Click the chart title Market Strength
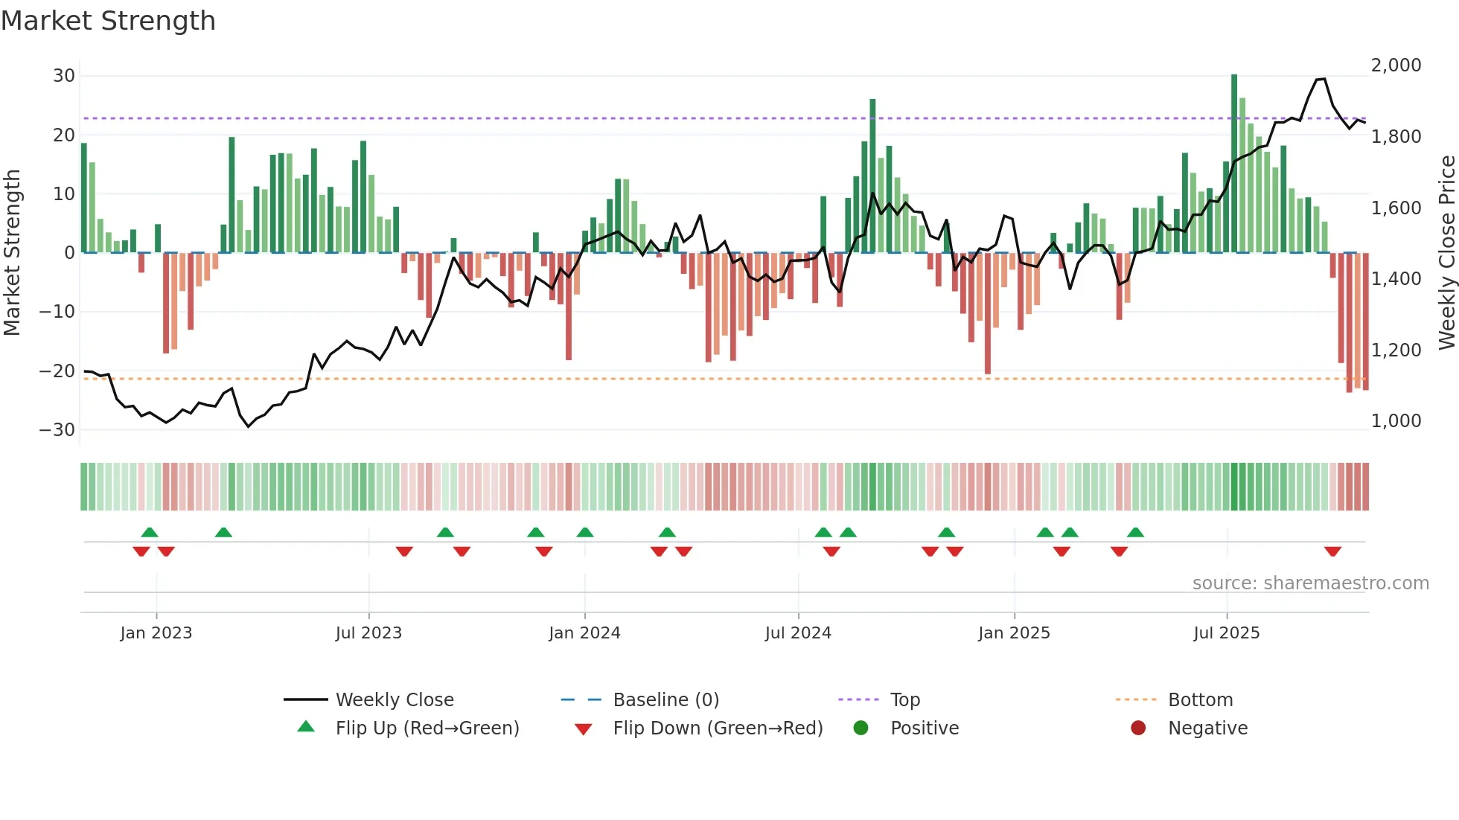[108, 21]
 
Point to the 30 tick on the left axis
[64, 76]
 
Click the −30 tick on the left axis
[57, 430]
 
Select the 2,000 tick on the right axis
[1396, 65]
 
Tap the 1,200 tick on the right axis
[1396, 350]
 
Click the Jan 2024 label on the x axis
[584, 633]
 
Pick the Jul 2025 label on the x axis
[1226, 633]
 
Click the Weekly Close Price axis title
[1446, 253]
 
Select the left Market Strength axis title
[12, 253]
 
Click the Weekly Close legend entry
[394, 700]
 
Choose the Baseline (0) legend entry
[665, 700]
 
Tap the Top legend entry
[904, 700]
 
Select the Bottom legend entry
[1200, 700]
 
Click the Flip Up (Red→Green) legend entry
[427, 728]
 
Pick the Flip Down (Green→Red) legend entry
[718, 728]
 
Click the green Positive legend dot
[861, 728]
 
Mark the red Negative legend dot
[1138, 728]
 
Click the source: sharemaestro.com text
[1310, 583]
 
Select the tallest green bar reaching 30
[1234, 164]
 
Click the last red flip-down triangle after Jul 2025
[1332, 551]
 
